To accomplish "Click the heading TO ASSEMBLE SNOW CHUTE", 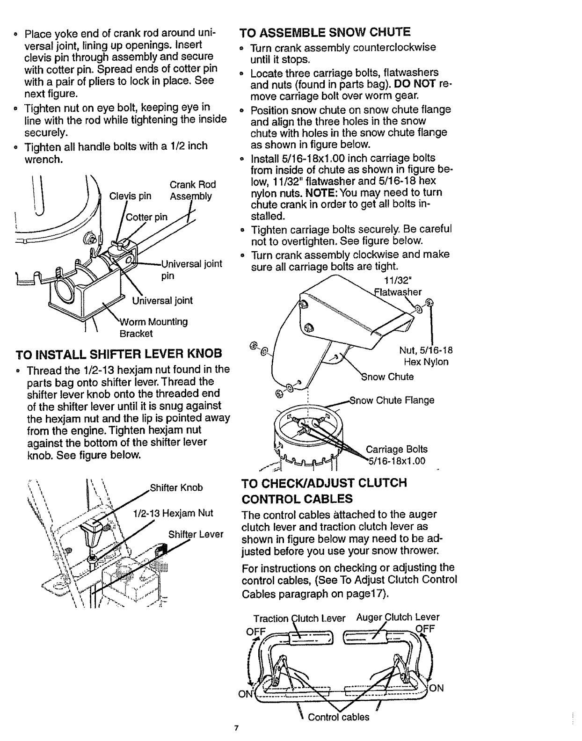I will click(x=325, y=32).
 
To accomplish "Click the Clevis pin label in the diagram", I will click(x=130, y=196).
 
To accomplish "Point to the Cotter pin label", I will click(x=147, y=217).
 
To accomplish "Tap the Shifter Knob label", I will click(x=176, y=487).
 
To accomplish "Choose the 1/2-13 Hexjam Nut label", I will click(x=173, y=513).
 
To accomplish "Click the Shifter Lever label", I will click(x=196, y=534).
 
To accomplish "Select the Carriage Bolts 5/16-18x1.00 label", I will click(x=396, y=455).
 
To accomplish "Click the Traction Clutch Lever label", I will click(x=299, y=618).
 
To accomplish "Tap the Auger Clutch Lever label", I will click(x=398, y=617).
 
